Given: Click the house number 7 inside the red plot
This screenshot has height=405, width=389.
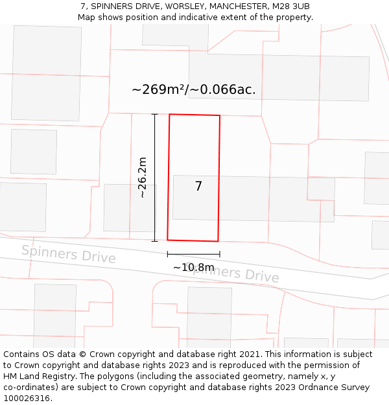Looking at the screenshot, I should tap(198, 187).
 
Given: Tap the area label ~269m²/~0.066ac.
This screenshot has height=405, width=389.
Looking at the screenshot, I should tap(193, 90).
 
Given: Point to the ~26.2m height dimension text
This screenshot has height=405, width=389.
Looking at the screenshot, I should tap(143, 177).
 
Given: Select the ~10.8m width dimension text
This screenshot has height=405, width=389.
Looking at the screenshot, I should tap(193, 267).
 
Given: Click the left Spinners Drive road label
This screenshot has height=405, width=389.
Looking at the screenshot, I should tap(68, 254).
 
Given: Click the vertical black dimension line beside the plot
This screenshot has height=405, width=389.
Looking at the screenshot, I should tap(155, 178).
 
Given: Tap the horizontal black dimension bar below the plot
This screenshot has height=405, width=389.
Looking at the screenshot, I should tap(193, 254).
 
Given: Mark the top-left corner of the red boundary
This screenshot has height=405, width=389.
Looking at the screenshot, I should tap(170, 115).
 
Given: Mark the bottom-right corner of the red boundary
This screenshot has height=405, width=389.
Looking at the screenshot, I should tap(218, 241).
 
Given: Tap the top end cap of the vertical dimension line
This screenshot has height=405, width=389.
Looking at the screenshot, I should tap(155, 115).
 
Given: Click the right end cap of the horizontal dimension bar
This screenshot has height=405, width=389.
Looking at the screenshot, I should tap(220, 254).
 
